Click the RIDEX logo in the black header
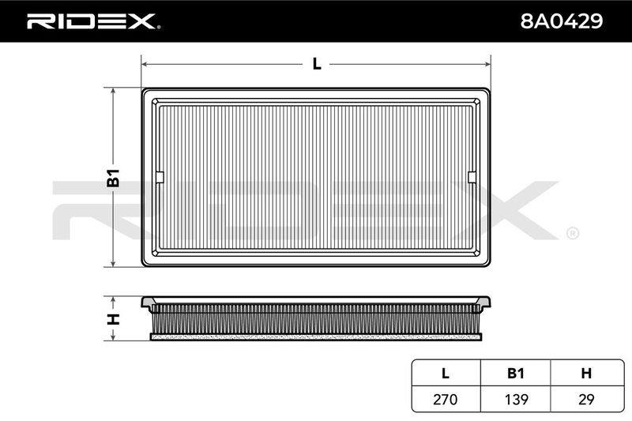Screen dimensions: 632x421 tap(93, 21)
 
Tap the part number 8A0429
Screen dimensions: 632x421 tap(562, 21)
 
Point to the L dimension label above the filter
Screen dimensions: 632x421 tap(318, 64)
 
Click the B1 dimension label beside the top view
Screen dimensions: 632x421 tap(113, 178)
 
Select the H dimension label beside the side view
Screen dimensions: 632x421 tap(113, 318)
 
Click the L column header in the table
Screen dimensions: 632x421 tap(446, 373)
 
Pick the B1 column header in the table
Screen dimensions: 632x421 tap(516, 373)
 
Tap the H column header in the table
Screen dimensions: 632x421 tap(586, 373)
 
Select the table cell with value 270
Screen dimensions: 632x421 tap(446, 399)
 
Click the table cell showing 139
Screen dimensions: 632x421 tap(516, 399)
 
